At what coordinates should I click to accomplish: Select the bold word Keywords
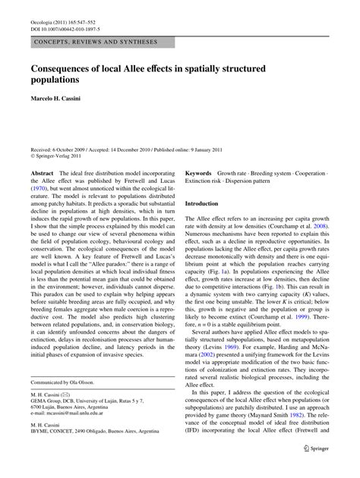point(201,173)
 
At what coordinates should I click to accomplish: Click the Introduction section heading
point(207,205)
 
